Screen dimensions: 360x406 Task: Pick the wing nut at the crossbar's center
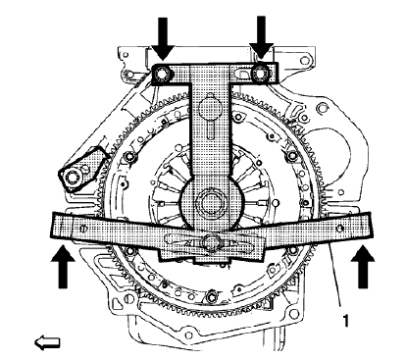210,241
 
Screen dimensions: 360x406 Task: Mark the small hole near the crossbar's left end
85,230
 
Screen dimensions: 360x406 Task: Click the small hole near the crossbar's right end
339,229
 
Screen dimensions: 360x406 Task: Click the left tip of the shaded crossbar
51,227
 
